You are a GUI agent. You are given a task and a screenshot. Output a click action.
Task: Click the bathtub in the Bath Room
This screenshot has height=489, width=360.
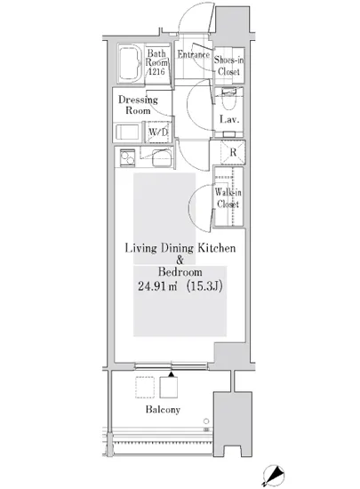pyautogui.click(x=130, y=63)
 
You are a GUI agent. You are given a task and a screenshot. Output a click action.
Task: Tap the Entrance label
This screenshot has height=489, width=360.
pyautogui.click(x=193, y=54)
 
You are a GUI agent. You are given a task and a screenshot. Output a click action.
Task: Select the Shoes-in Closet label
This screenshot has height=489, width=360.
pyautogui.click(x=228, y=66)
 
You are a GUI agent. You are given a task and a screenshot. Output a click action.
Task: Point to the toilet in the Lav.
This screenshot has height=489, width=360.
pyautogui.click(x=228, y=99)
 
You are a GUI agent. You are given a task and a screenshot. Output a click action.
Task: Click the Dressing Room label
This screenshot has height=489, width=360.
pyautogui.click(x=138, y=105)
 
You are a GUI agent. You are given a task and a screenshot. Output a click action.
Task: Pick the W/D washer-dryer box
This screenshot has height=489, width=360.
pyautogui.click(x=158, y=132)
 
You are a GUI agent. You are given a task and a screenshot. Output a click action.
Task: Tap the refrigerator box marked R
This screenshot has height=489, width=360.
pyautogui.click(x=233, y=152)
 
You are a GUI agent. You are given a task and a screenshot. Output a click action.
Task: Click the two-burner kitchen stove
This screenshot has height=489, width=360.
pyautogui.click(x=127, y=157)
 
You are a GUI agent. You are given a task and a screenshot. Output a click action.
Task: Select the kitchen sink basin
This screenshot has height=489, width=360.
pyautogui.click(x=162, y=157)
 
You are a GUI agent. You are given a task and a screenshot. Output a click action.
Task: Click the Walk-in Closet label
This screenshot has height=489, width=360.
pyautogui.click(x=228, y=198)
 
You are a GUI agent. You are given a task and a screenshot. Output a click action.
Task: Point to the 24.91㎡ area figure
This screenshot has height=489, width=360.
pyautogui.click(x=157, y=286)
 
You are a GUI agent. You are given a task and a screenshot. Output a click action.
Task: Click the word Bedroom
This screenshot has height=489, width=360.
pyautogui.click(x=180, y=272)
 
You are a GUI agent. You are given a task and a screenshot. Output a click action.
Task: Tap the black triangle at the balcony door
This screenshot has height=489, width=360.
pyautogui.click(x=172, y=374)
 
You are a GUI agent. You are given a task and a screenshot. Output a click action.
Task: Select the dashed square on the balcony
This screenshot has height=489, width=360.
pyautogui.click(x=145, y=388)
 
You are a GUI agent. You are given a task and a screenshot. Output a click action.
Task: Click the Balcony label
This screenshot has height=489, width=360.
pyautogui.click(x=163, y=409)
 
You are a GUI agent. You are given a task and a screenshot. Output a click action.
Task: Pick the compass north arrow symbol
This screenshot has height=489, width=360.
pyautogui.click(x=273, y=476)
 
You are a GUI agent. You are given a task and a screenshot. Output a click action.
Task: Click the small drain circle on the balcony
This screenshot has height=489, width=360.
pyautogui.click(x=206, y=421)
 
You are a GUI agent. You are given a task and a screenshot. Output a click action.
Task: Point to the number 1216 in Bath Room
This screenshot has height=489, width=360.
pyautogui.click(x=156, y=71)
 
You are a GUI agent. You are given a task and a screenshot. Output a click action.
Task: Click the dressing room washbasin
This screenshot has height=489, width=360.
pyautogui.click(x=127, y=132)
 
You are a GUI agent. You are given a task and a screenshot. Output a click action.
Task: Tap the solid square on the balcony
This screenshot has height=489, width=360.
pyautogui.click(x=169, y=388)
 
